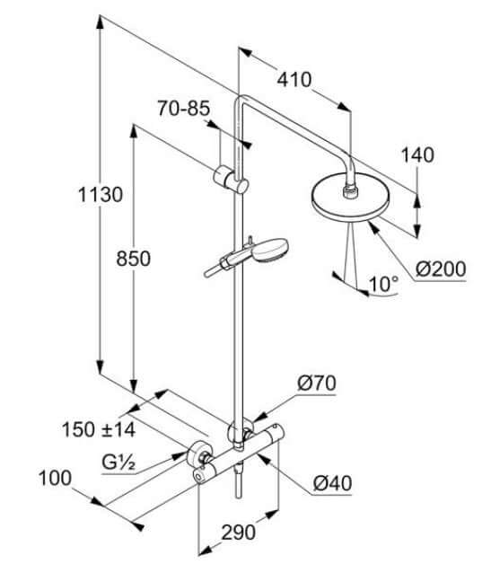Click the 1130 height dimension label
click(x=101, y=195)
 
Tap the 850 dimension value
click(x=133, y=259)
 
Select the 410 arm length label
click(x=294, y=80)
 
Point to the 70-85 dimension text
click(x=184, y=108)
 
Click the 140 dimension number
click(x=417, y=155)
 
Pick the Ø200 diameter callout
click(x=441, y=269)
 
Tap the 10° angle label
click(x=383, y=284)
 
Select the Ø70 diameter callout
click(x=317, y=383)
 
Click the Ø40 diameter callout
click(x=332, y=483)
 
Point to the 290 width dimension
click(x=238, y=533)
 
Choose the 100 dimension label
click(x=55, y=479)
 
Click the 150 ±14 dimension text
click(x=99, y=429)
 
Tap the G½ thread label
click(x=118, y=463)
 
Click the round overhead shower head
click(x=350, y=197)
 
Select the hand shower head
click(x=270, y=251)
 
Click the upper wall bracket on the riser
click(x=231, y=180)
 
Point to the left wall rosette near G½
click(x=197, y=454)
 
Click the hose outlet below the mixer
click(x=238, y=481)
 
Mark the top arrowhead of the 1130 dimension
click(x=101, y=22)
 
